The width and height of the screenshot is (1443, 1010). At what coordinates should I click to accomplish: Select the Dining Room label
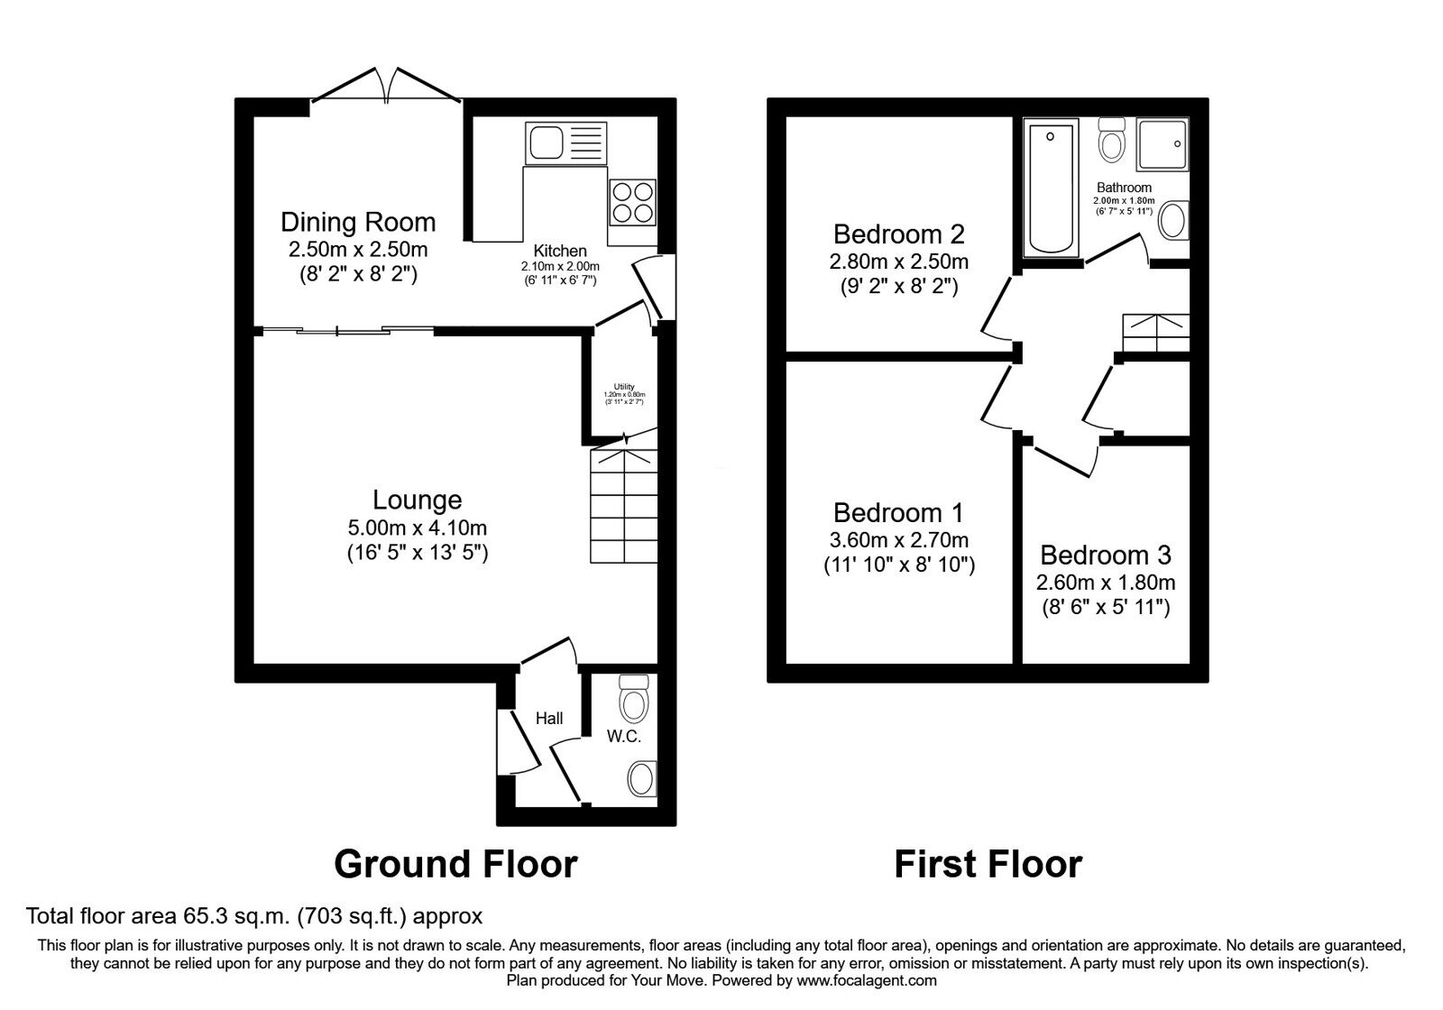click(358, 222)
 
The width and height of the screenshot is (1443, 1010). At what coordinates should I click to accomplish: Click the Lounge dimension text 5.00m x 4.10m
click(417, 528)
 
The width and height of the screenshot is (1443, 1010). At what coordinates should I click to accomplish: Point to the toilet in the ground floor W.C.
click(635, 699)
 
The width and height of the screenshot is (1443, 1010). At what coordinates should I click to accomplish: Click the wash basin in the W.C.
click(641, 777)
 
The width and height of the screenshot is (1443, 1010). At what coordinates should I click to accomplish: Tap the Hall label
click(549, 718)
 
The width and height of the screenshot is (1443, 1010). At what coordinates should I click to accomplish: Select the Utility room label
click(624, 387)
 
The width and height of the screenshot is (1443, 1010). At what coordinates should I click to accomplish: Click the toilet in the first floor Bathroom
click(1111, 141)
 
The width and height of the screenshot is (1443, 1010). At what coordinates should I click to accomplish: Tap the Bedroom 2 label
click(898, 234)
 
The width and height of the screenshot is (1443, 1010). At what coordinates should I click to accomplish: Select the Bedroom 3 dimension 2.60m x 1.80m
click(1107, 583)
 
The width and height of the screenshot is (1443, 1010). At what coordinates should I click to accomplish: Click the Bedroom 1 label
click(898, 513)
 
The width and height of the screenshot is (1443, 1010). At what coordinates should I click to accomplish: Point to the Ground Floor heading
click(455, 864)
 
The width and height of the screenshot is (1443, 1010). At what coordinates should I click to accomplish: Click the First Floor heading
click(988, 864)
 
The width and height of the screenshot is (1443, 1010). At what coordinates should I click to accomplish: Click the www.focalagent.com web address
click(867, 980)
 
